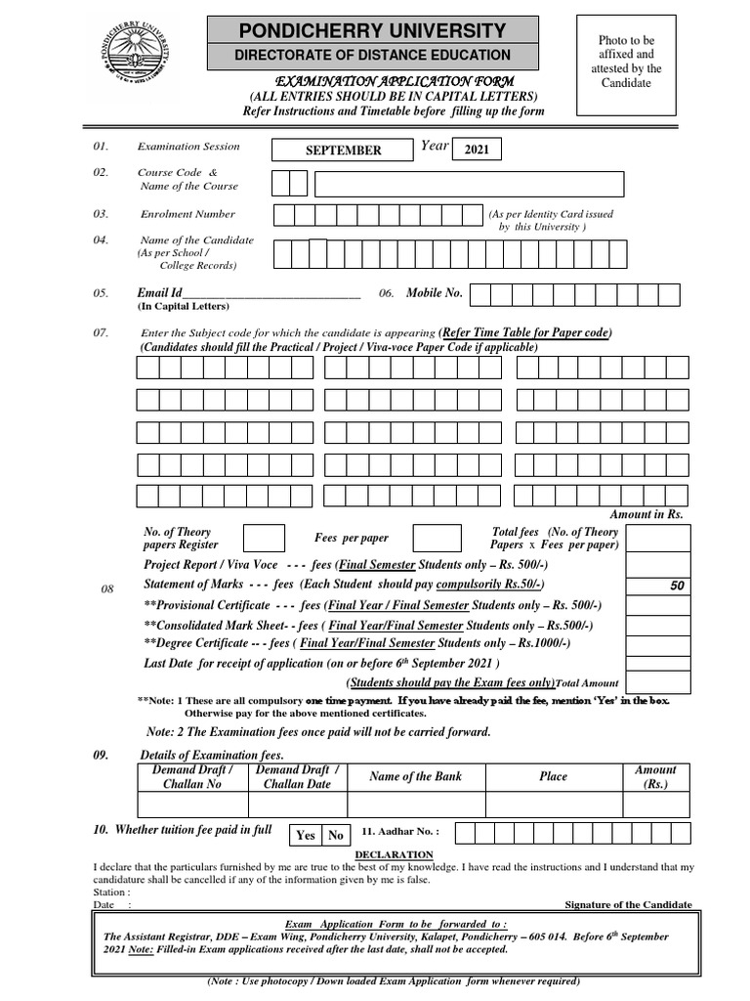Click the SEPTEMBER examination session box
(343, 151)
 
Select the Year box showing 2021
(477, 150)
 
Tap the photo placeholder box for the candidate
(626, 66)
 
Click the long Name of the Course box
(469, 184)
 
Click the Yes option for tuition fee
(306, 835)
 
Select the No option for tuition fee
(335, 835)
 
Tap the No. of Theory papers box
(264, 539)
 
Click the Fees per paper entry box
(437, 539)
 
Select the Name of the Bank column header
(415, 776)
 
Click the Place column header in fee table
(553, 776)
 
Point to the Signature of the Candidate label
(629, 904)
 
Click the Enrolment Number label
(187, 214)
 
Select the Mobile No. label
(434, 292)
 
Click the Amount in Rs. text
(646, 514)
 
